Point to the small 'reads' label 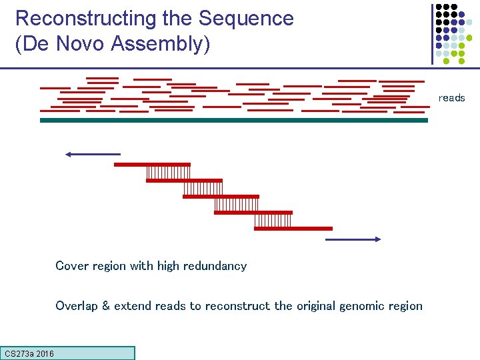tap(451, 98)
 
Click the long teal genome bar tap(233, 121)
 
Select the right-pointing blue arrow tap(353, 239)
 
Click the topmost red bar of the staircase tap(152, 164)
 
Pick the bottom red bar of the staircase tap(293, 229)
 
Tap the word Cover tap(71, 266)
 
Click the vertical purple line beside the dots tap(431, 33)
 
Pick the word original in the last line tap(315, 306)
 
